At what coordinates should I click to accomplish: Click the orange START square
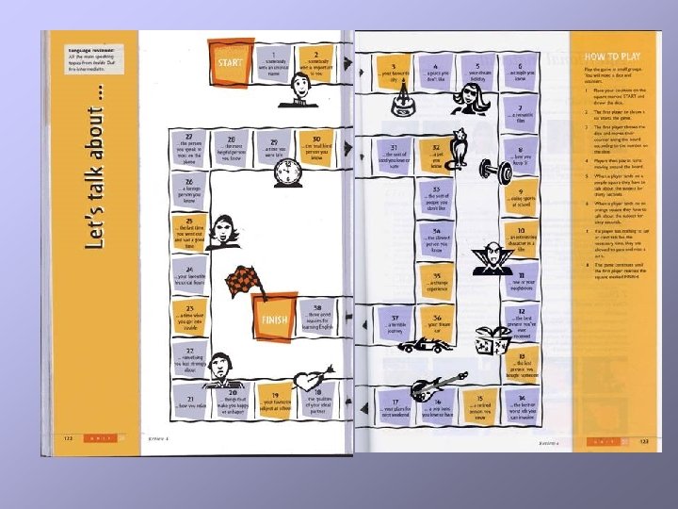[x=230, y=63]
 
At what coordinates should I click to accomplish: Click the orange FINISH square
[x=274, y=319]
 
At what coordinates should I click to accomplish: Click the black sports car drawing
[x=425, y=346]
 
